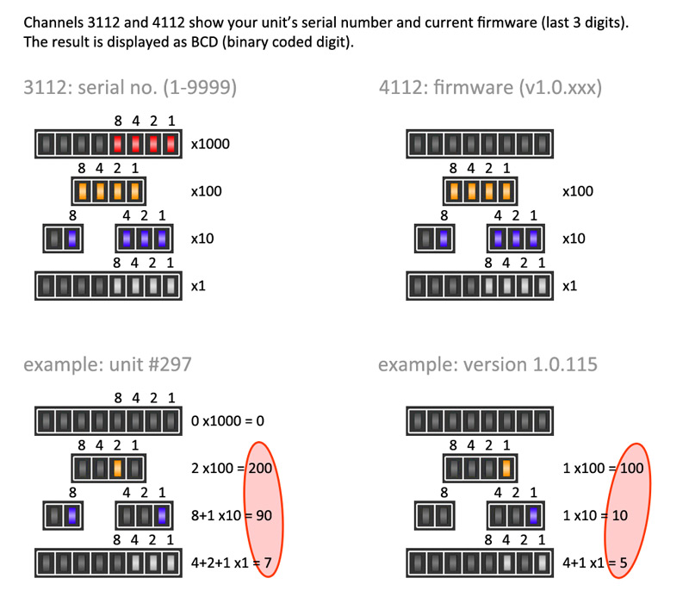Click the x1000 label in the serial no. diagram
coord(210,144)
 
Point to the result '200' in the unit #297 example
coord(260,469)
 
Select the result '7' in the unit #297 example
coord(268,563)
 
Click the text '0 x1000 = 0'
coord(227,422)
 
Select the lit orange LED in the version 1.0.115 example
coord(506,469)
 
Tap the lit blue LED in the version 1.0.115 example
coord(534,517)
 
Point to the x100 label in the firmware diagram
coord(576,191)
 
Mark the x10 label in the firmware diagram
coord(574,238)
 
